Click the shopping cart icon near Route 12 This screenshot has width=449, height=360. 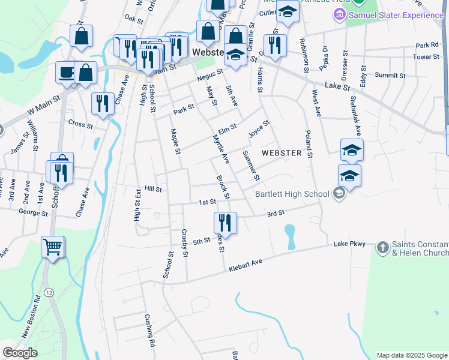tap(53, 246)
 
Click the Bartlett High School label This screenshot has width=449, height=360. tap(292, 194)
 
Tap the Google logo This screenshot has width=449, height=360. tap(20, 353)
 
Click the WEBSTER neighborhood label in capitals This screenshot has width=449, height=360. tap(282, 153)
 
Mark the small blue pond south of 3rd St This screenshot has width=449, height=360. tap(290, 235)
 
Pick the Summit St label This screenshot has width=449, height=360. tap(390, 76)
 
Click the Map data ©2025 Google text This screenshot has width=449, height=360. tap(411, 355)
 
